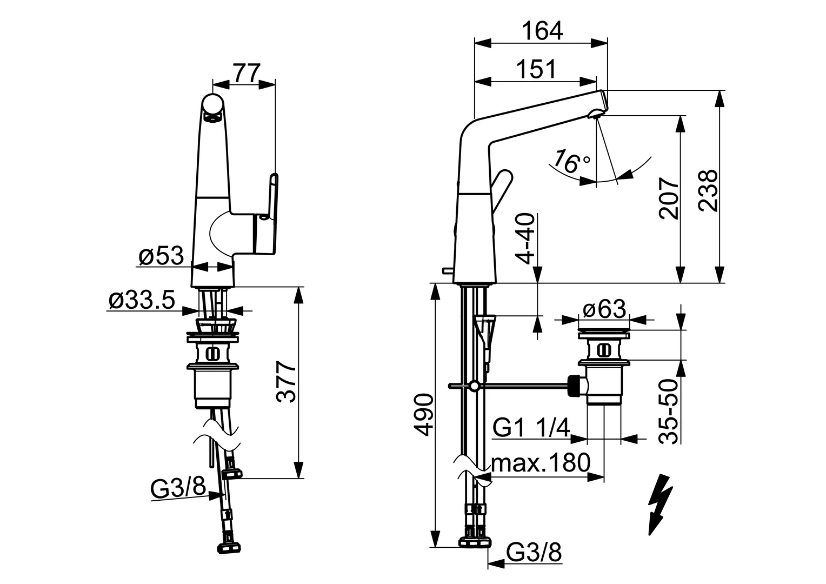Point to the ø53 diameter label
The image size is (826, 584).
point(161,256)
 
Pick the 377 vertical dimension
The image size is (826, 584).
point(287,383)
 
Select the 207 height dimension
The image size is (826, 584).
point(669,197)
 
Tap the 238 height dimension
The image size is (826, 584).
point(709,190)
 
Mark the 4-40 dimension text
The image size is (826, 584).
point(524,239)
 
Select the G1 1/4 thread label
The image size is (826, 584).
point(531,429)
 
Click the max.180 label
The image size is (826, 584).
point(541,463)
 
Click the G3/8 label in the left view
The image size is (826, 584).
point(178,489)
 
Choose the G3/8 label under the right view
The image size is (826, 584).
point(535,553)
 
